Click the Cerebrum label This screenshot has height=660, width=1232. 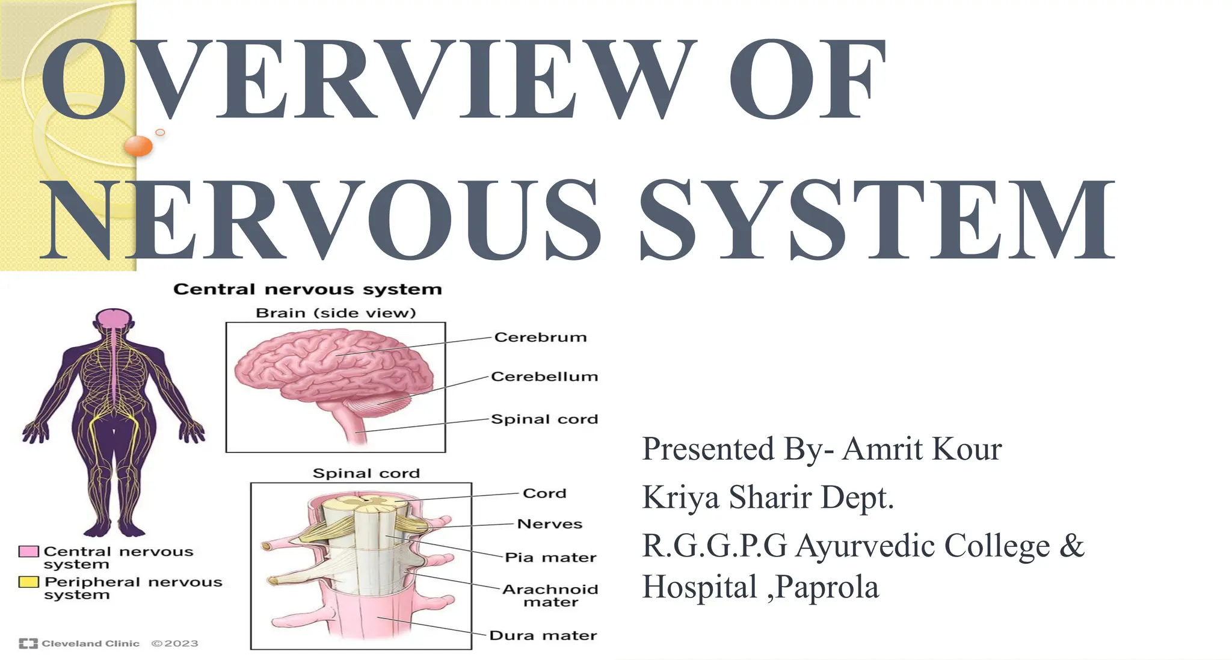pyautogui.click(x=540, y=338)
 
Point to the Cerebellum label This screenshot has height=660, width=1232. pyautogui.click(x=544, y=377)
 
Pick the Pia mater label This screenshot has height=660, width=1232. pyautogui.click(x=550, y=558)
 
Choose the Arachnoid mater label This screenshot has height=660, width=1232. pyautogui.click(x=550, y=595)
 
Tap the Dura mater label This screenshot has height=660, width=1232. pyautogui.click(x=543, y=635)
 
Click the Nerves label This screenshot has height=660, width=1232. pyautogui.click(x=550, y=524)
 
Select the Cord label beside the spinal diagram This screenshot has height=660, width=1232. pyautogui.click(x=544, y=493)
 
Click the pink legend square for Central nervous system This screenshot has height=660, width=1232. pyautogui.click(x=29, y=552)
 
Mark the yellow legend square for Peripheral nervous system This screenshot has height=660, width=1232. pyautogui.click(x=29, y=582)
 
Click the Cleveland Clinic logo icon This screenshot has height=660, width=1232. pyautogui.click(x=28, y=644)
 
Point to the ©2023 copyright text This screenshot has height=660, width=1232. pyautogui.click(x=174, y=644)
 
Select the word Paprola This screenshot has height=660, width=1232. pyautogui.click(x=827, y=587)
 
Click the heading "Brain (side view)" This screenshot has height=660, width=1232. pyautogui.click(x=336, y=313)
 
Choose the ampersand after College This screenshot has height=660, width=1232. pyautogui.click(x=1071, y=546)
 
